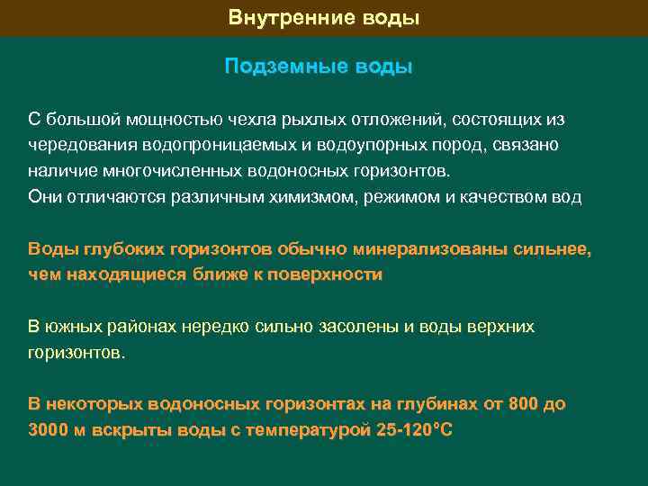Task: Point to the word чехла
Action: coord(221,120)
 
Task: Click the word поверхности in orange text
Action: coord(330,274)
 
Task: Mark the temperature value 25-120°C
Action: coord(414,430)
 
